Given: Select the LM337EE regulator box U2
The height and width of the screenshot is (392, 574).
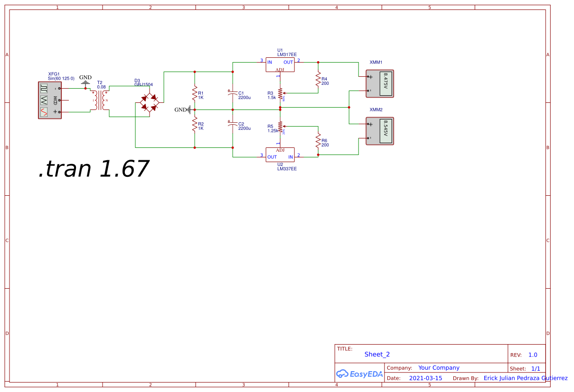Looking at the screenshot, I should (x=280, y=154).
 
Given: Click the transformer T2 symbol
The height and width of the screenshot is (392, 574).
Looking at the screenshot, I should (x=100, y=100).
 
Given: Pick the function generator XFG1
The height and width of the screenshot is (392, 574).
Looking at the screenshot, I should (x=49, y=100).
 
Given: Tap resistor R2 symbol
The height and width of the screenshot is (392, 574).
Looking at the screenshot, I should (x=195, y=125).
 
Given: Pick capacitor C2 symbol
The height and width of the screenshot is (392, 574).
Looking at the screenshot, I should (x=233, y=125).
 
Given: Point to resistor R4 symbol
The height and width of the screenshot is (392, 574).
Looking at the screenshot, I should (x=318, y=80).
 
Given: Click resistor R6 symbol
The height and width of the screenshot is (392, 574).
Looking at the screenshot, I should (x=318, y=141).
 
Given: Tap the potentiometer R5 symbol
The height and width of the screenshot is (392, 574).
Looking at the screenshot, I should (x=280, y=127).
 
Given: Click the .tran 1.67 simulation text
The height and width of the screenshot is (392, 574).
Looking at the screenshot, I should (x=94, y=169).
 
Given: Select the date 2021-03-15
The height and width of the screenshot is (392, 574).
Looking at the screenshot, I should (x=425, y=378).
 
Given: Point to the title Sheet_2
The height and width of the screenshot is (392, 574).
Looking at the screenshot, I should (x=377, y=354).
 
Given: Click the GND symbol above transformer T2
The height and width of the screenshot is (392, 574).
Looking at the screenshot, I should (x=85, y=82).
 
